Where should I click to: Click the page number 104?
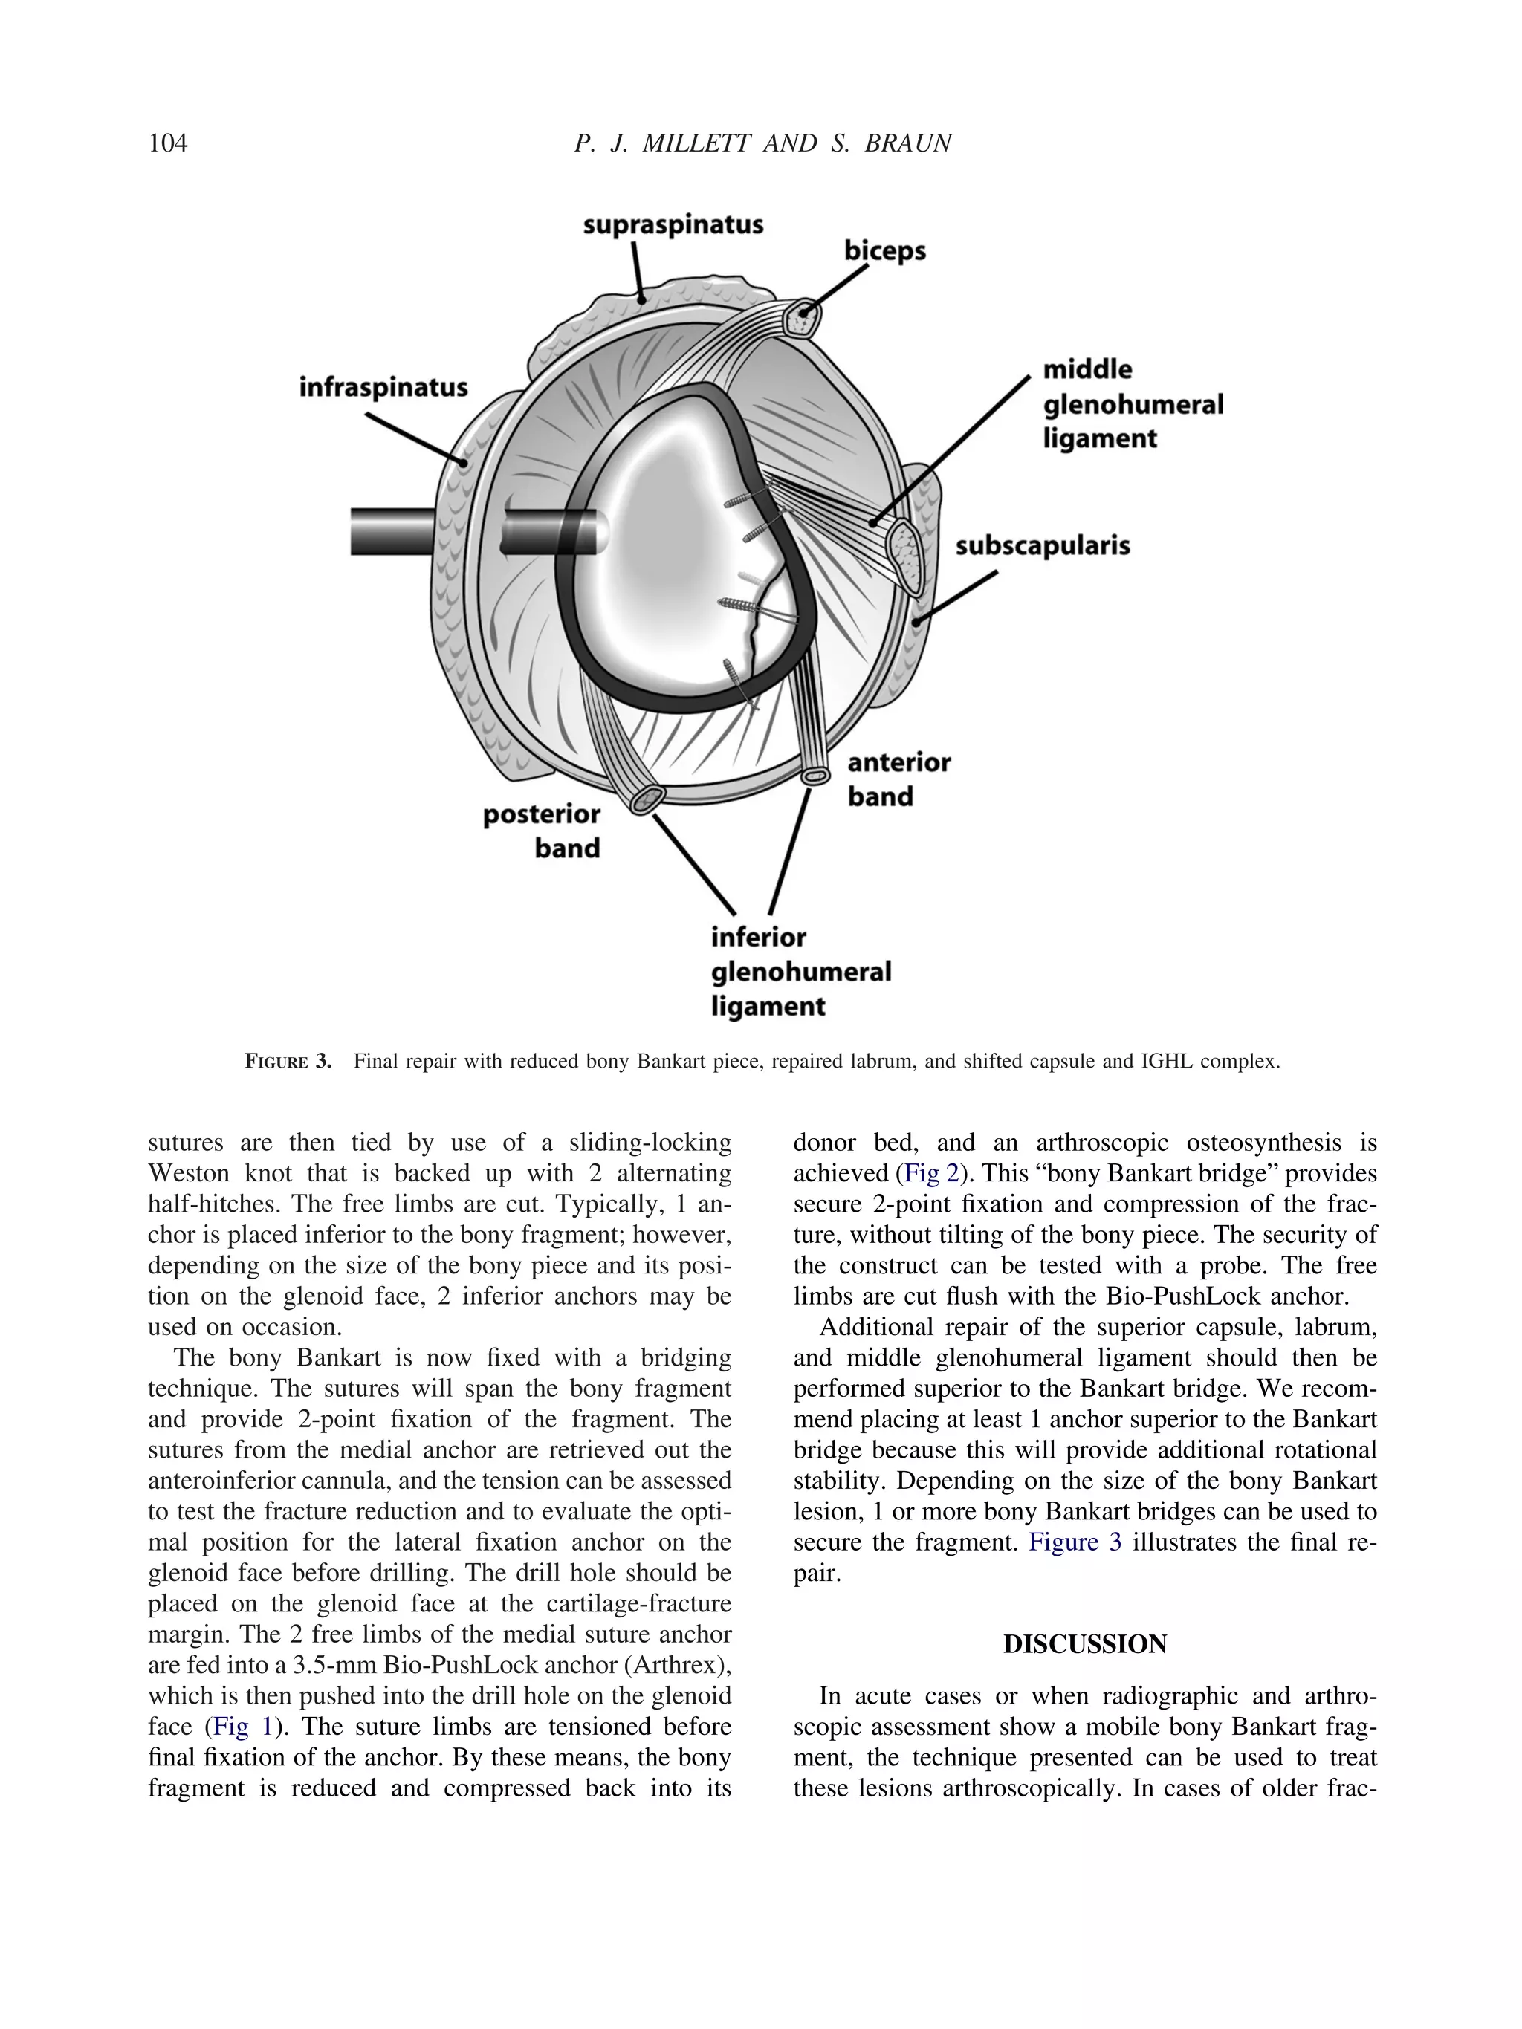pos(168,143)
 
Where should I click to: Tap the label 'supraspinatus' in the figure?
pos(673,224)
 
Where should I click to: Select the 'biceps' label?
pos(884,250)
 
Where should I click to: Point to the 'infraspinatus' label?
pos(383,387)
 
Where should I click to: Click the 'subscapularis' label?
pos(1042,546)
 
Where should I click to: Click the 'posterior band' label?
pos(543,831)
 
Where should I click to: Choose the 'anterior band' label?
pos(898,779)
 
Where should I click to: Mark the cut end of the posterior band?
pos(646,799)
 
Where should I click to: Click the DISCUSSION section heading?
pos(1084,1643)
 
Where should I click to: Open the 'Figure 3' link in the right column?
pos(1075,1542)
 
